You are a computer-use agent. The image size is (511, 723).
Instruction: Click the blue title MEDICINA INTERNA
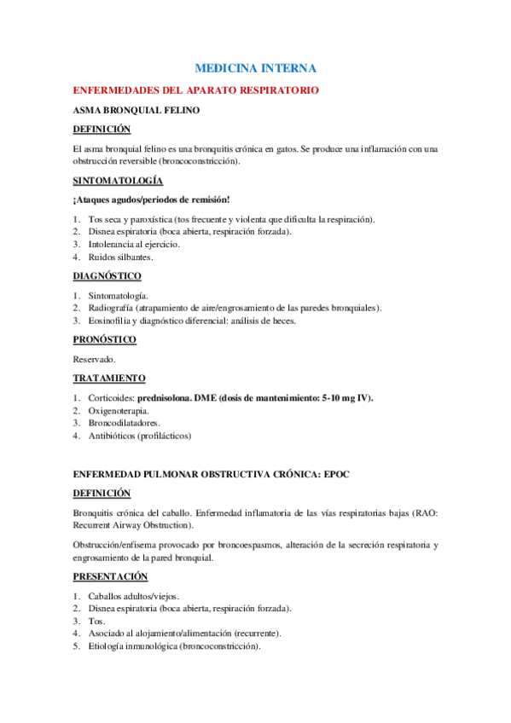click(x=255, y=67)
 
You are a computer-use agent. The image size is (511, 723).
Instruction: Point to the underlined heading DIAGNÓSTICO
click(x=107, y=275)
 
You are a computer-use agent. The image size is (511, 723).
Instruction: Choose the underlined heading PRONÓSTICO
click(x=104, y=339)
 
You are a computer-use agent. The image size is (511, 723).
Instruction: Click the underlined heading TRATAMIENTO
click(x=109, y=378)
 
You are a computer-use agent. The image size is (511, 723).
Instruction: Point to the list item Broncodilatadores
click(x=124, y=423)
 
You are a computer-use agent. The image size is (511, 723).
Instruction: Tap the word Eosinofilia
click(x=108, y=321)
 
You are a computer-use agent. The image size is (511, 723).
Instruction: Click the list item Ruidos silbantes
click(x=120, y=257)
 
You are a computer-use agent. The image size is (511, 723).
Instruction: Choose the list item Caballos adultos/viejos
click(x=135, y=595)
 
